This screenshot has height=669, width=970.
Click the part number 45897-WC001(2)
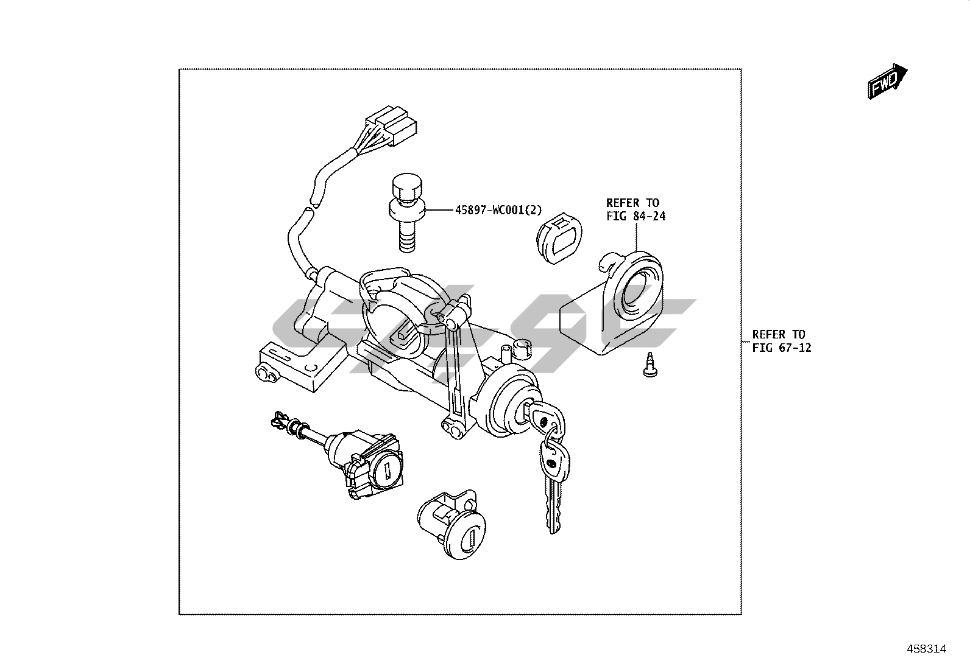[498, 211]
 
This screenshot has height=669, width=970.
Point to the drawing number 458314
[926, 649]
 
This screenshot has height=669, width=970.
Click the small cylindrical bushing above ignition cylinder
[522, 349]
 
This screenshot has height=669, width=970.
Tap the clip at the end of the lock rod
[281, 420]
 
